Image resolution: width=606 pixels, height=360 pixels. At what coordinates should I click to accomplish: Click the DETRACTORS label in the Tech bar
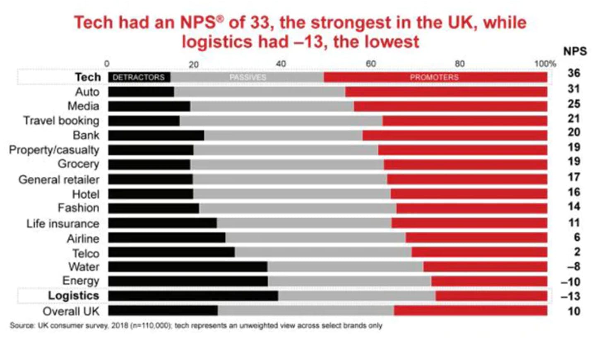[139, 77]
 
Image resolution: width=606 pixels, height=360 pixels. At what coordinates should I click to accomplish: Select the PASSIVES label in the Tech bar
[248, 77]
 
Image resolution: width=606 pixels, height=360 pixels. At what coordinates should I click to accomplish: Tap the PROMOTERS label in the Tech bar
[434, 77]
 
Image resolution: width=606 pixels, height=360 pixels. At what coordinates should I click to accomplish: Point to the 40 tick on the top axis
[281, 64]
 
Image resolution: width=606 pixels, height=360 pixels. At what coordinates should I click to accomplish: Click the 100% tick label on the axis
[545, 64]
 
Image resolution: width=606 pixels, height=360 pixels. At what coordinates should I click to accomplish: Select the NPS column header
[575, 51]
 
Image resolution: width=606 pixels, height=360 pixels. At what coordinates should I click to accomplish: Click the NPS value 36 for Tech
[574, 73]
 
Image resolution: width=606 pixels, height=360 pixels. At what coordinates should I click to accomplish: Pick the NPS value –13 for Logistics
[570, 296]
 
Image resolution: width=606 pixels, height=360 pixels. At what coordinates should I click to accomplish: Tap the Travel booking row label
[61, 120]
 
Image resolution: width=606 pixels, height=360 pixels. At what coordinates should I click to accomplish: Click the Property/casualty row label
[54, 150]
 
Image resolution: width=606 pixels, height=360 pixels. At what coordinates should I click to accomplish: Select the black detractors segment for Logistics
[193, 296]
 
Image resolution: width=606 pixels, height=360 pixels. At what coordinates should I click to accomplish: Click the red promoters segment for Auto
[446, 92]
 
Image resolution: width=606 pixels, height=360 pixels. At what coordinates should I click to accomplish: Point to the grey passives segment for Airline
[315, 238]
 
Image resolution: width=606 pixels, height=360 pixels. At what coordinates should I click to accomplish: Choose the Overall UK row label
[71, 311]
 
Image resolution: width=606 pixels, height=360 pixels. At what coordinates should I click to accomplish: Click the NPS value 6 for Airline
[577, 237]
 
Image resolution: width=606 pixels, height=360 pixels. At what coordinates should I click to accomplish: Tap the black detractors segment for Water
[188, 267]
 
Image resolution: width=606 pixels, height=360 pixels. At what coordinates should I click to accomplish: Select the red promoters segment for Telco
[479, 252]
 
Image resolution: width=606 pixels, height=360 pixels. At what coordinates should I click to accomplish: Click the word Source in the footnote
[22, 326]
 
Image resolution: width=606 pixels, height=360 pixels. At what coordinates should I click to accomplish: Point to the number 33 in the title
[260, 22]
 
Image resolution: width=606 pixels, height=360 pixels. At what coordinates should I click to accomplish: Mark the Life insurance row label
[63, 223]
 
